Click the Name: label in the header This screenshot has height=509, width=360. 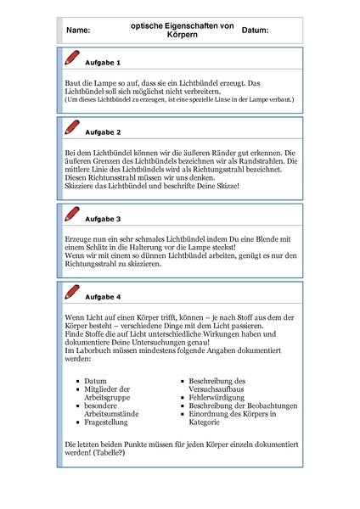(x=77, y=31)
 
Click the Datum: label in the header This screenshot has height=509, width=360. (x=256, y=31)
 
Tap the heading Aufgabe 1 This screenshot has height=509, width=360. (x=104, y=63)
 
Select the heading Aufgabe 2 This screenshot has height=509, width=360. (x=104, y=132)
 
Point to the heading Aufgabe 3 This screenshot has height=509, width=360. (x=104, y=218)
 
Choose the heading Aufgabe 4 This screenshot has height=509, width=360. (x=104, y=297)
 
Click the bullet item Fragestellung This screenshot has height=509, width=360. (x=107, y=422)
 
